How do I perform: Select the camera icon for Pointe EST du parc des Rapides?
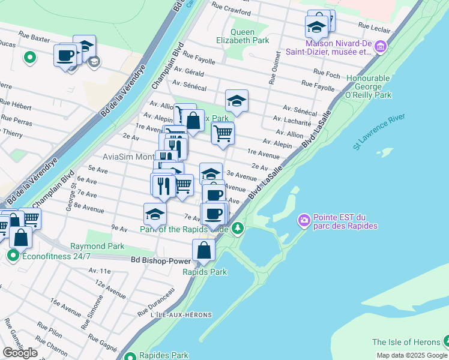[x=304, y=221]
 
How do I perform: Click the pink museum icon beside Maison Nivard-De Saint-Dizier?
[x=380, y=46]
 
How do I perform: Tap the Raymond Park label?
[x=97, y=246]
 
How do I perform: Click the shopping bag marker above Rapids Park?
[x=204, y=250]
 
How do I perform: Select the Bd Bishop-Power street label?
[x=161, y=261]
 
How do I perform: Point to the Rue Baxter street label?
[x=34, y=37]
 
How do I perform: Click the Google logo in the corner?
[x=20, y=353]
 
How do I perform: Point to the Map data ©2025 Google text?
[x=411, y=355]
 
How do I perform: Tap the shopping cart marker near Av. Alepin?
[x=223, y=133]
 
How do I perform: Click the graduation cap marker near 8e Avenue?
[x=155, y=213]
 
